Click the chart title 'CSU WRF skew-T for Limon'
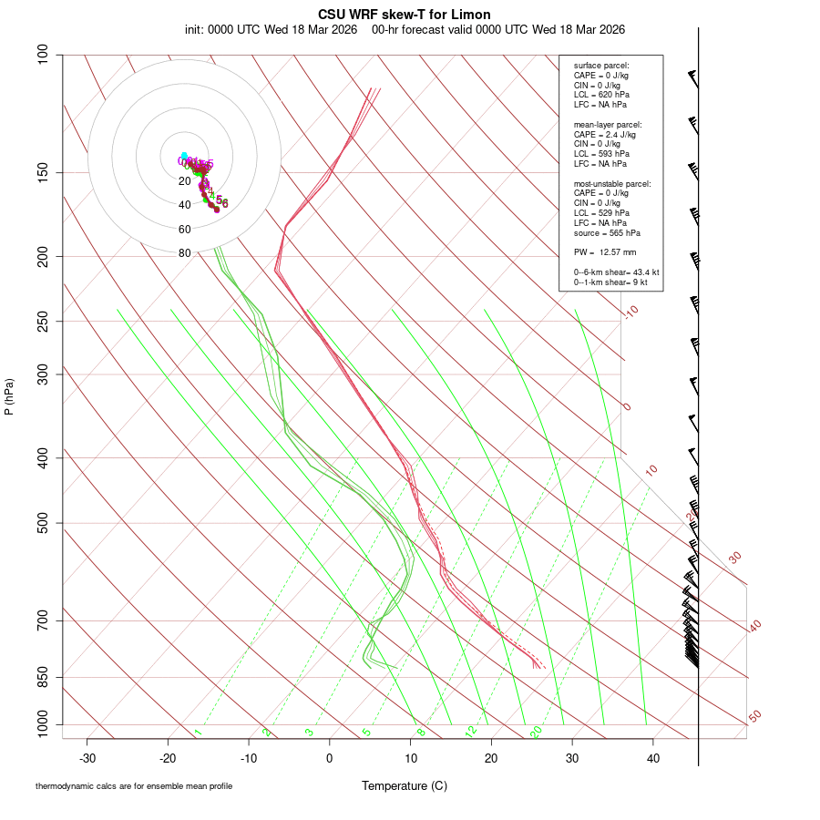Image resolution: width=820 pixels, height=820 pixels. [x=404, y=15]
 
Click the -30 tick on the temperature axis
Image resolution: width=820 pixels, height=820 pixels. [x=87, y=758]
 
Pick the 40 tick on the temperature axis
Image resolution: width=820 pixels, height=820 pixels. [x=653, y=758]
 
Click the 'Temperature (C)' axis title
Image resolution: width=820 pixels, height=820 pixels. [x=404, y=785]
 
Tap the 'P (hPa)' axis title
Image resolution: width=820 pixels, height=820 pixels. [x=9, y=396]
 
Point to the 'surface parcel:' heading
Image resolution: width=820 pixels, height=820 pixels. [x=601, y=66]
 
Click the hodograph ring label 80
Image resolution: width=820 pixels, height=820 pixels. [x=184, y=253]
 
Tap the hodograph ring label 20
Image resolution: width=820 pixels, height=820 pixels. [x=184, y=181]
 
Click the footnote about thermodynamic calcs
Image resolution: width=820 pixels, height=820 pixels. [x=134, y=785]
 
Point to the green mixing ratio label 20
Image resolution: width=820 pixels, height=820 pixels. [x=536, y=732]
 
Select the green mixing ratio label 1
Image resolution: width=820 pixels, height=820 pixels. [x=198, y=732]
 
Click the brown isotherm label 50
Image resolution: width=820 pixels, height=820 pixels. [x=754, y=716]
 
